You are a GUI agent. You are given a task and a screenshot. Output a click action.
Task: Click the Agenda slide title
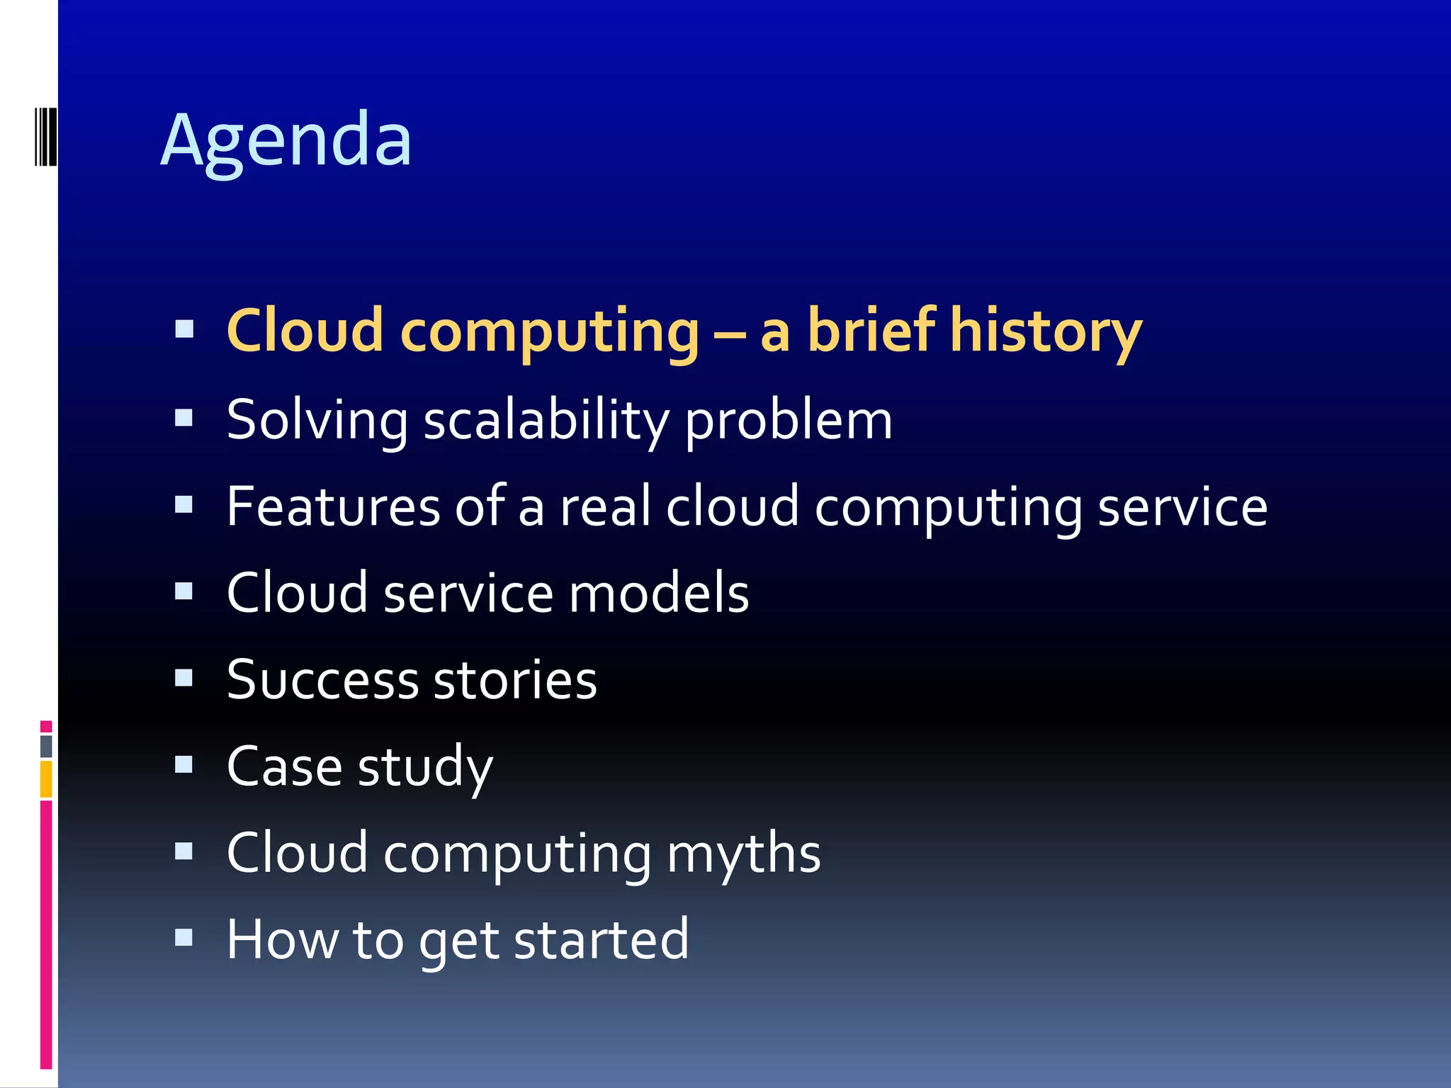click(286, 140)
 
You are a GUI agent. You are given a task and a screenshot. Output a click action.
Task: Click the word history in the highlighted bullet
click(1045, 331)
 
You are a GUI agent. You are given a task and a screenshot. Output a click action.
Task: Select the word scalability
click(546, 421)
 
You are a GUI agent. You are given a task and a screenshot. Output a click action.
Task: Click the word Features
click(333, 507)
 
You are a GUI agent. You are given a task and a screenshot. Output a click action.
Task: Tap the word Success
click(322, 680)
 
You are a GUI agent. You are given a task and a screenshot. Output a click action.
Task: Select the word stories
click(515, 680)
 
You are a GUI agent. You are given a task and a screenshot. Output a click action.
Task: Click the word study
click(425, 768)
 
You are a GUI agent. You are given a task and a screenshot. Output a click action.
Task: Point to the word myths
click(743, 854)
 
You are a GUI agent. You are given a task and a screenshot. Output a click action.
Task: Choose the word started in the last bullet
click(601, 940)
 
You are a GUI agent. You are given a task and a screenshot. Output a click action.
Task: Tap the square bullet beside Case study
click(184, 765)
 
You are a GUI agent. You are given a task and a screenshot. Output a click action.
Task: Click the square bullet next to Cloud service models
click(184, 591)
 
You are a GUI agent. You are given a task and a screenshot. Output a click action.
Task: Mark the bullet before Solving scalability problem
click(184, 418)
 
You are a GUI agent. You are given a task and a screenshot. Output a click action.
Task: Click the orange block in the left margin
click(46, 779)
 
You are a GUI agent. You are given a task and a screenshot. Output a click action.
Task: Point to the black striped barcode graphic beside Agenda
click(45, 136)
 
